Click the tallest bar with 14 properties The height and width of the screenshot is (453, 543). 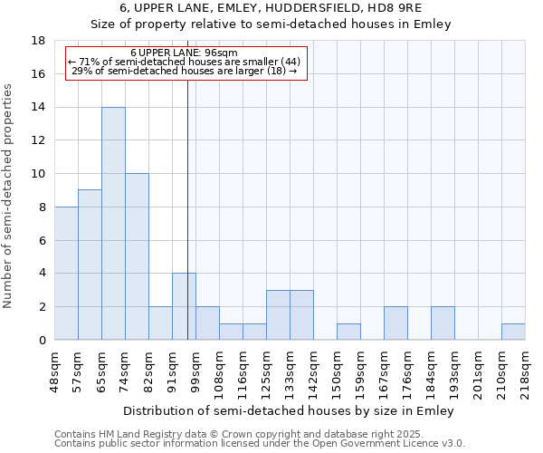click(113, 223)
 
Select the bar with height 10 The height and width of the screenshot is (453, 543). click(137, 256)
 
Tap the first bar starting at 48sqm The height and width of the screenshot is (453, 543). click(66, 273)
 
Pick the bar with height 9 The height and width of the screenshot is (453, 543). click(90, 265)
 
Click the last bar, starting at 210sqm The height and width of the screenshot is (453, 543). click(513, 332)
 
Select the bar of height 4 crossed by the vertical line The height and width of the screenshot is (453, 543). click(184, 306)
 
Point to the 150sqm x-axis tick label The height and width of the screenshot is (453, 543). click(337, 371)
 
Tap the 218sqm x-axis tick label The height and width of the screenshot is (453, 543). click(525, 371)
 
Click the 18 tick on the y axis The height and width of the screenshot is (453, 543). click(38, 41)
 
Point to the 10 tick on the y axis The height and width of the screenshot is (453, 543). click(38, 174)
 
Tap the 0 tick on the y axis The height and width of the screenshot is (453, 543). click(42, 341)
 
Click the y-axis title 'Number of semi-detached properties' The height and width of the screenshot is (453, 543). click(9, 196)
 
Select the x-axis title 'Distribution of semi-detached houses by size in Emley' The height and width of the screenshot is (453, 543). click(289, 410)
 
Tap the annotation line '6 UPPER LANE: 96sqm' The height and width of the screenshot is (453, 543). click(184, 53)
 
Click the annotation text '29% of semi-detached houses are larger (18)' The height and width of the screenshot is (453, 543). click(184, 72)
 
